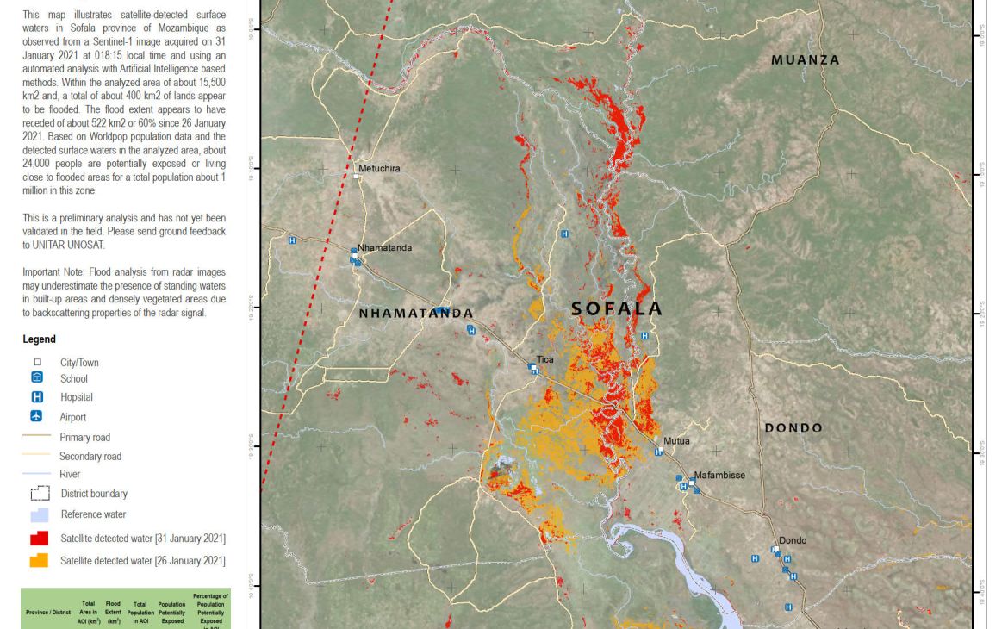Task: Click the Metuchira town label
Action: pos(379,169)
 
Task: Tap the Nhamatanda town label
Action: pos(384,248)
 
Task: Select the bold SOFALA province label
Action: pos(617,308)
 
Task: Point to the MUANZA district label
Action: pos(806,60)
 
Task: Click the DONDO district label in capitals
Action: pos(793,427)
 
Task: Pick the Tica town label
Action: pos(545,359)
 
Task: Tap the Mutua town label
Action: pos(676,441)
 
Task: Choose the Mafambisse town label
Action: pos(719,475)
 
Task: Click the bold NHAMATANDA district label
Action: pos(416,314)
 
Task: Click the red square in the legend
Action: pos(39,539)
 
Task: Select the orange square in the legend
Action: pos(39,561)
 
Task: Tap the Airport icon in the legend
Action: pos(37,417)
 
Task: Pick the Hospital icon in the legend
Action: pos(37,397)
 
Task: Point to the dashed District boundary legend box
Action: pos(40,494)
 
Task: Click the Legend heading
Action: pos(39,339)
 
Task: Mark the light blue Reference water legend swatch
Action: pos(39,514)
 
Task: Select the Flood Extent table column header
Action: pos(113,612)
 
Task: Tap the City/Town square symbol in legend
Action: pos(37,363)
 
